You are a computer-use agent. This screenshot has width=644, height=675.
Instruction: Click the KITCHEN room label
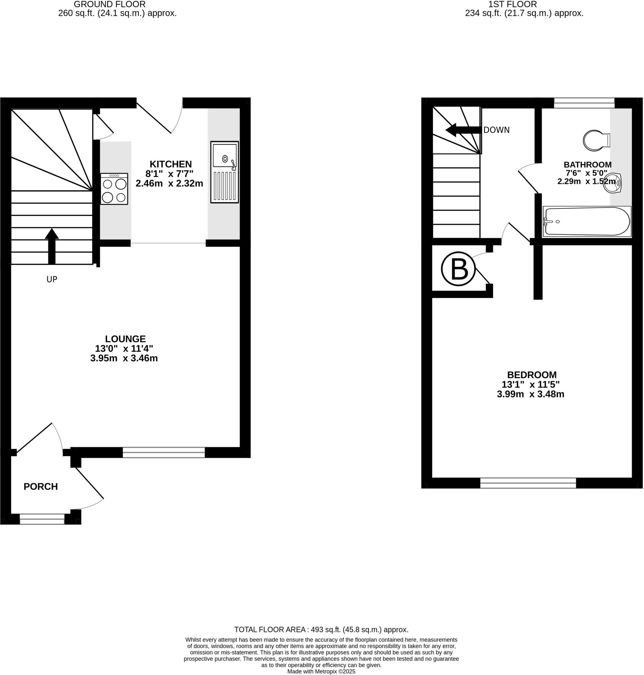pyautogui.click(x=170, y=164)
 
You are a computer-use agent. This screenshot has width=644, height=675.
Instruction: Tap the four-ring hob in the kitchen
pyautogui.click(x=114, y=189)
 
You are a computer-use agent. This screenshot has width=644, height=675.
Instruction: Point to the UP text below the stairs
pyautogui.click(x=52, y=279)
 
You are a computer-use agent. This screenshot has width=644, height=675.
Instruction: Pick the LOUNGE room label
pyautogui.click(x=125, y=339)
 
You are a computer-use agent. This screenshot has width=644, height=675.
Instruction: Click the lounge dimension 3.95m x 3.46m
pyautogui.click(x=124, y=358)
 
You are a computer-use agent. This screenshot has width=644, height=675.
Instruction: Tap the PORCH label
pyautogui.click(x=41, y=486)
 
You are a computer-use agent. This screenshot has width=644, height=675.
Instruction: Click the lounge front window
pyautogui.click(x=164, y=452)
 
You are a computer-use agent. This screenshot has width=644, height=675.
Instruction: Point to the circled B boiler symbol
pyautogui.click(x=458, y=269)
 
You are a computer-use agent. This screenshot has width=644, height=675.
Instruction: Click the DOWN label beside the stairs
pyautogui.click(x=496, y=130)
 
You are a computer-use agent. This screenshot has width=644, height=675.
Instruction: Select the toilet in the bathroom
pyautogui.click(x=596, y=140)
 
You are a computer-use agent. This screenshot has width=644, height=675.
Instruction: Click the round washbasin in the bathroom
pyautogui.click(x=613, y=184)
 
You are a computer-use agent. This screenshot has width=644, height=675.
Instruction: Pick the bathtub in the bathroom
pyautogui.click(x=587, y=221)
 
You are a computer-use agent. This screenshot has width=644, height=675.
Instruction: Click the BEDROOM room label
pyautogui.click(x=532, y=375)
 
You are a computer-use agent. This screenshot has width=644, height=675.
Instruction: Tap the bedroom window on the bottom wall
pyautogui.click(x=528, y=483)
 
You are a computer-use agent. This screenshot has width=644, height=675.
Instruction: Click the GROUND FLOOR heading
pyautogui.click(x=109, y=5)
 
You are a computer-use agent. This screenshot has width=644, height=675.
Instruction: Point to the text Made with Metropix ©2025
pyautogui.click(x=321, y=672)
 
